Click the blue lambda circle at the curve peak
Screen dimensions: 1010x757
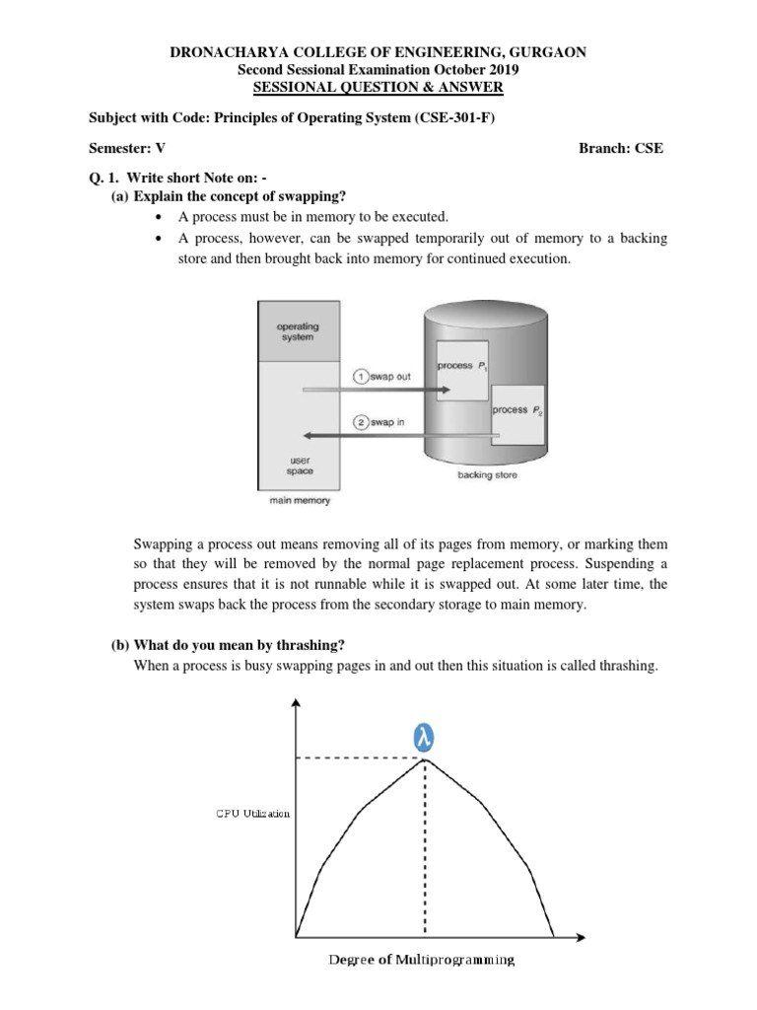[x=425, y=737]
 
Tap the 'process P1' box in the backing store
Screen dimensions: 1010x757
[x=462, y=366]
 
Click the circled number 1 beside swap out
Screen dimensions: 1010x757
[x=361, y=378]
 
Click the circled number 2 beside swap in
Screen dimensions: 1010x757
[x=361, y=423]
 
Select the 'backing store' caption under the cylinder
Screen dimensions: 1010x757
[x=486, y=475]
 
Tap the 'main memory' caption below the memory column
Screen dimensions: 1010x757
[x=299, y=500]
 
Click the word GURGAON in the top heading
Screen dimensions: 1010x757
[x=545, y=52]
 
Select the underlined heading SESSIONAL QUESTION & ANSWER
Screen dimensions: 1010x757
[x=378, y=88]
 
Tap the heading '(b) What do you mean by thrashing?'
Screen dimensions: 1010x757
[x=227, y=645]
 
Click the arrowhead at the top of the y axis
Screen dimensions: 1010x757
[x=296, y=702]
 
